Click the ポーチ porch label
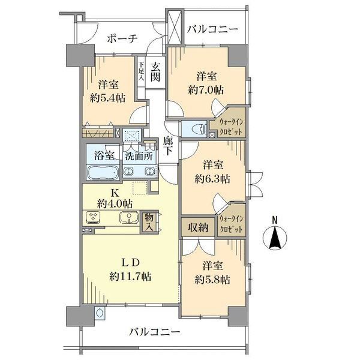coord(122,38)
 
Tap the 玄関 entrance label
coord(155,73)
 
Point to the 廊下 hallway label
coord(168,146)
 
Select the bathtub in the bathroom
coord(104,173)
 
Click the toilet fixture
coord(193,128)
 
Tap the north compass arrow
coord(275,239)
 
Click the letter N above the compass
coord(275,220)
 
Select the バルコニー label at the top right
coord(212,29)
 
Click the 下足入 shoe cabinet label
coord(142,71)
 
